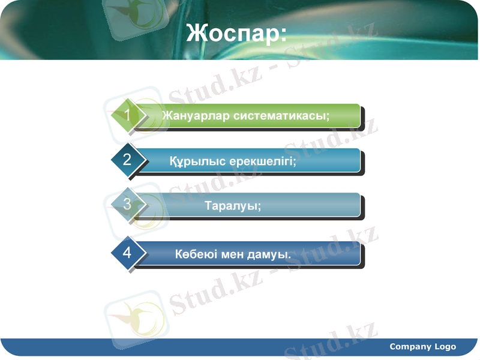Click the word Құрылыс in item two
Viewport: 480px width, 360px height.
click(190, 161)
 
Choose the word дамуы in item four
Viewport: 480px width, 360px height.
click(270, 254)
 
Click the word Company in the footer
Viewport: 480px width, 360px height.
click(410, 346)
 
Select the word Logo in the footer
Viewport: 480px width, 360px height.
click(446, 346)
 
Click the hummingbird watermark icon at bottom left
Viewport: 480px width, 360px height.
click(133, 319)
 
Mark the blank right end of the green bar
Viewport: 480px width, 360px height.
click(347, 115)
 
